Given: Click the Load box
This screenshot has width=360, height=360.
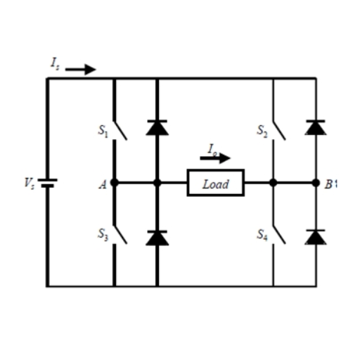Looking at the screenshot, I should tap(215, 183).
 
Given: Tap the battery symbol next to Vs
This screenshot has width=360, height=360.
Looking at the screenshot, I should tap(48, 183).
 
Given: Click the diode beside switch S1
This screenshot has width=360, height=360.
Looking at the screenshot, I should tap(157, 127).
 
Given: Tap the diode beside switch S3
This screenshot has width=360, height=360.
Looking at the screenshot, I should tap(157, 238).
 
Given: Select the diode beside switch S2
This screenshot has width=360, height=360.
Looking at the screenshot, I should tap(315, 127).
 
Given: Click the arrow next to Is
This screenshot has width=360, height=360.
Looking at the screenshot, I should tap(80, 70).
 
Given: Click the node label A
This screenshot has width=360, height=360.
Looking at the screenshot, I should tap(103, 184).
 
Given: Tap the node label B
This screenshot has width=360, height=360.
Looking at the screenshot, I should tap(328, 184).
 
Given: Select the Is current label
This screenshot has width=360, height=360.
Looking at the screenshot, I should tap(55, 63).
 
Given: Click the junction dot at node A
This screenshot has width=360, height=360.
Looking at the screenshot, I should tap(114, 183).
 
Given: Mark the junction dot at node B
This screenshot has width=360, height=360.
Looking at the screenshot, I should tap(316, 183).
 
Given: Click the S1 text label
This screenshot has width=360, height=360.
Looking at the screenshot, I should tap(103, 131).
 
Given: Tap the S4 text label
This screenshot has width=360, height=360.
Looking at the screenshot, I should tap(262, 236).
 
